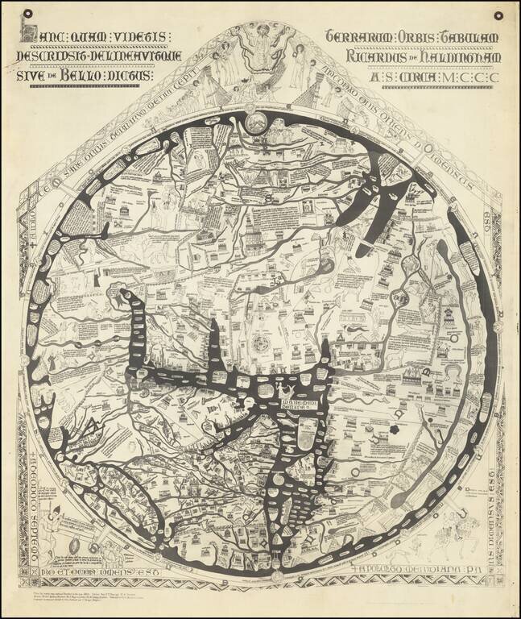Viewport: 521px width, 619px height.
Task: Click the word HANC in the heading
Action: click(41, 37)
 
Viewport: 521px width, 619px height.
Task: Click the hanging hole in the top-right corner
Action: click(498, 15)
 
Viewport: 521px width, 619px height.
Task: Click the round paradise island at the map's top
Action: click(256, 123)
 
